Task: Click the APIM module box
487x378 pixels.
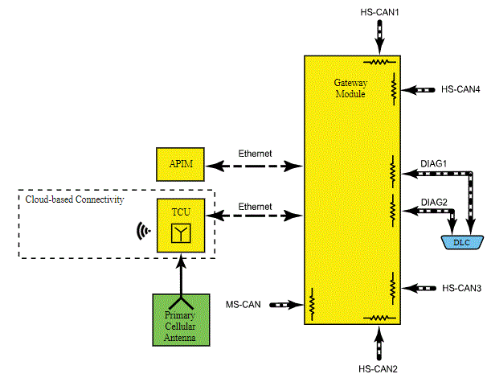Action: click(x=180, y=164)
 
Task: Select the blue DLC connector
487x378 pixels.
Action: click(x=462, y=242)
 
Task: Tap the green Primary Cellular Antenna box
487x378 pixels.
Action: click(x=181, y=320)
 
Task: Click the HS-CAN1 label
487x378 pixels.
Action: click(x=379, y=12)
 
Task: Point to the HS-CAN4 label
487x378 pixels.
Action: click(x=460, y=89)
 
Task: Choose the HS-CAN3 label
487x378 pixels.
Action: click(x=462, y=288)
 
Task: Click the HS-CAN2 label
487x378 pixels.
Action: click(x=378, y=369)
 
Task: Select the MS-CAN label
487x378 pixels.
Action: click(x=243, y=304)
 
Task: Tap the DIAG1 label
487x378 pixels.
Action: click(x=434, y=163)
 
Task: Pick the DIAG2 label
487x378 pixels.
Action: click(x=434, y=203)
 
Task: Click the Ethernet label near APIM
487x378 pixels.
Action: click(x=255, y=154)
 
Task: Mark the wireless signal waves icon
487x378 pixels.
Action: click(x=144, y=231)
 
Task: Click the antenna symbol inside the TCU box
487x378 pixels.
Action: click(x=181, y=233)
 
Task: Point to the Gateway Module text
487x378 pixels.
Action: click(x=350, y=88)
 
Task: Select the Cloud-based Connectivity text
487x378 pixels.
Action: click(x=75, y=199)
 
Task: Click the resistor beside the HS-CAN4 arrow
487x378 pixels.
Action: click(x=394, y=89)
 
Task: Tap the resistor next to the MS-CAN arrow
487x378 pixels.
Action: click(x=312, y=304)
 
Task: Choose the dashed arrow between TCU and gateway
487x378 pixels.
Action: click(x=254, y=216)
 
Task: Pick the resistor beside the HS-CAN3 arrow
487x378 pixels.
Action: click(x=393, y=288)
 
